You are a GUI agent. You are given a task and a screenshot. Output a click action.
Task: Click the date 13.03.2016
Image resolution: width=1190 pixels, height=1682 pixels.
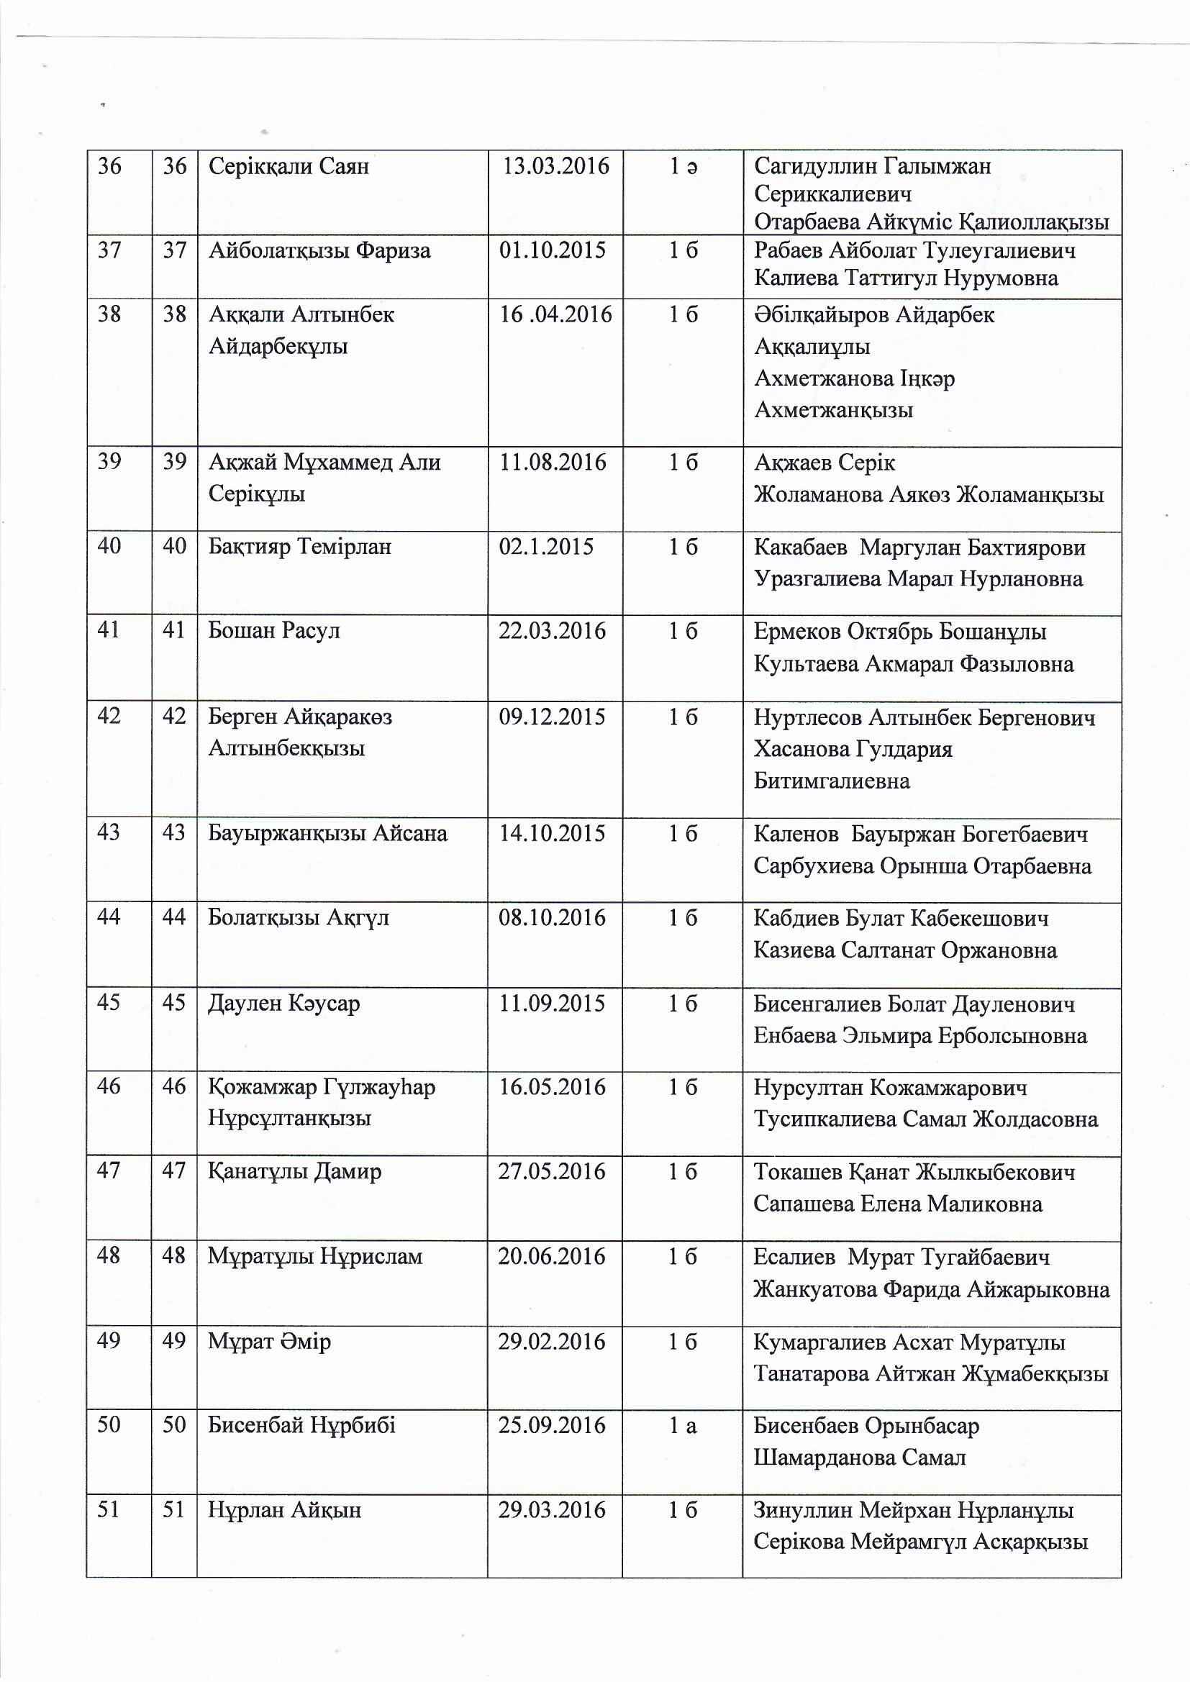[555, 166]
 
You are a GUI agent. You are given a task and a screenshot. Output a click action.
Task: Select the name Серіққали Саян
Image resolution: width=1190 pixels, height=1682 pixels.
[289, 167]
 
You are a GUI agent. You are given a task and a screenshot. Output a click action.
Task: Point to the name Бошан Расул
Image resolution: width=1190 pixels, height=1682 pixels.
[274, 631]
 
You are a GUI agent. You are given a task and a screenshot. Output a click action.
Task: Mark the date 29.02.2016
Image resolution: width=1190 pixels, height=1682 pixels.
[552, 1342]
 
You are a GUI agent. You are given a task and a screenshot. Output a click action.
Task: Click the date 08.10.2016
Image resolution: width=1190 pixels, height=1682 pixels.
[552, 918]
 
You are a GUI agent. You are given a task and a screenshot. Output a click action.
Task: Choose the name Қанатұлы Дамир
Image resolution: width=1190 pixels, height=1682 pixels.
[294, 1172]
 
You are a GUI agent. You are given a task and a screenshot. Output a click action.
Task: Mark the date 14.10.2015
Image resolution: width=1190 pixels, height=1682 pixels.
[552, 834]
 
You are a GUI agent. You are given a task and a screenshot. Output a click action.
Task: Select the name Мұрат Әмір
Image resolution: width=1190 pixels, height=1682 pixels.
[269, 1342]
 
